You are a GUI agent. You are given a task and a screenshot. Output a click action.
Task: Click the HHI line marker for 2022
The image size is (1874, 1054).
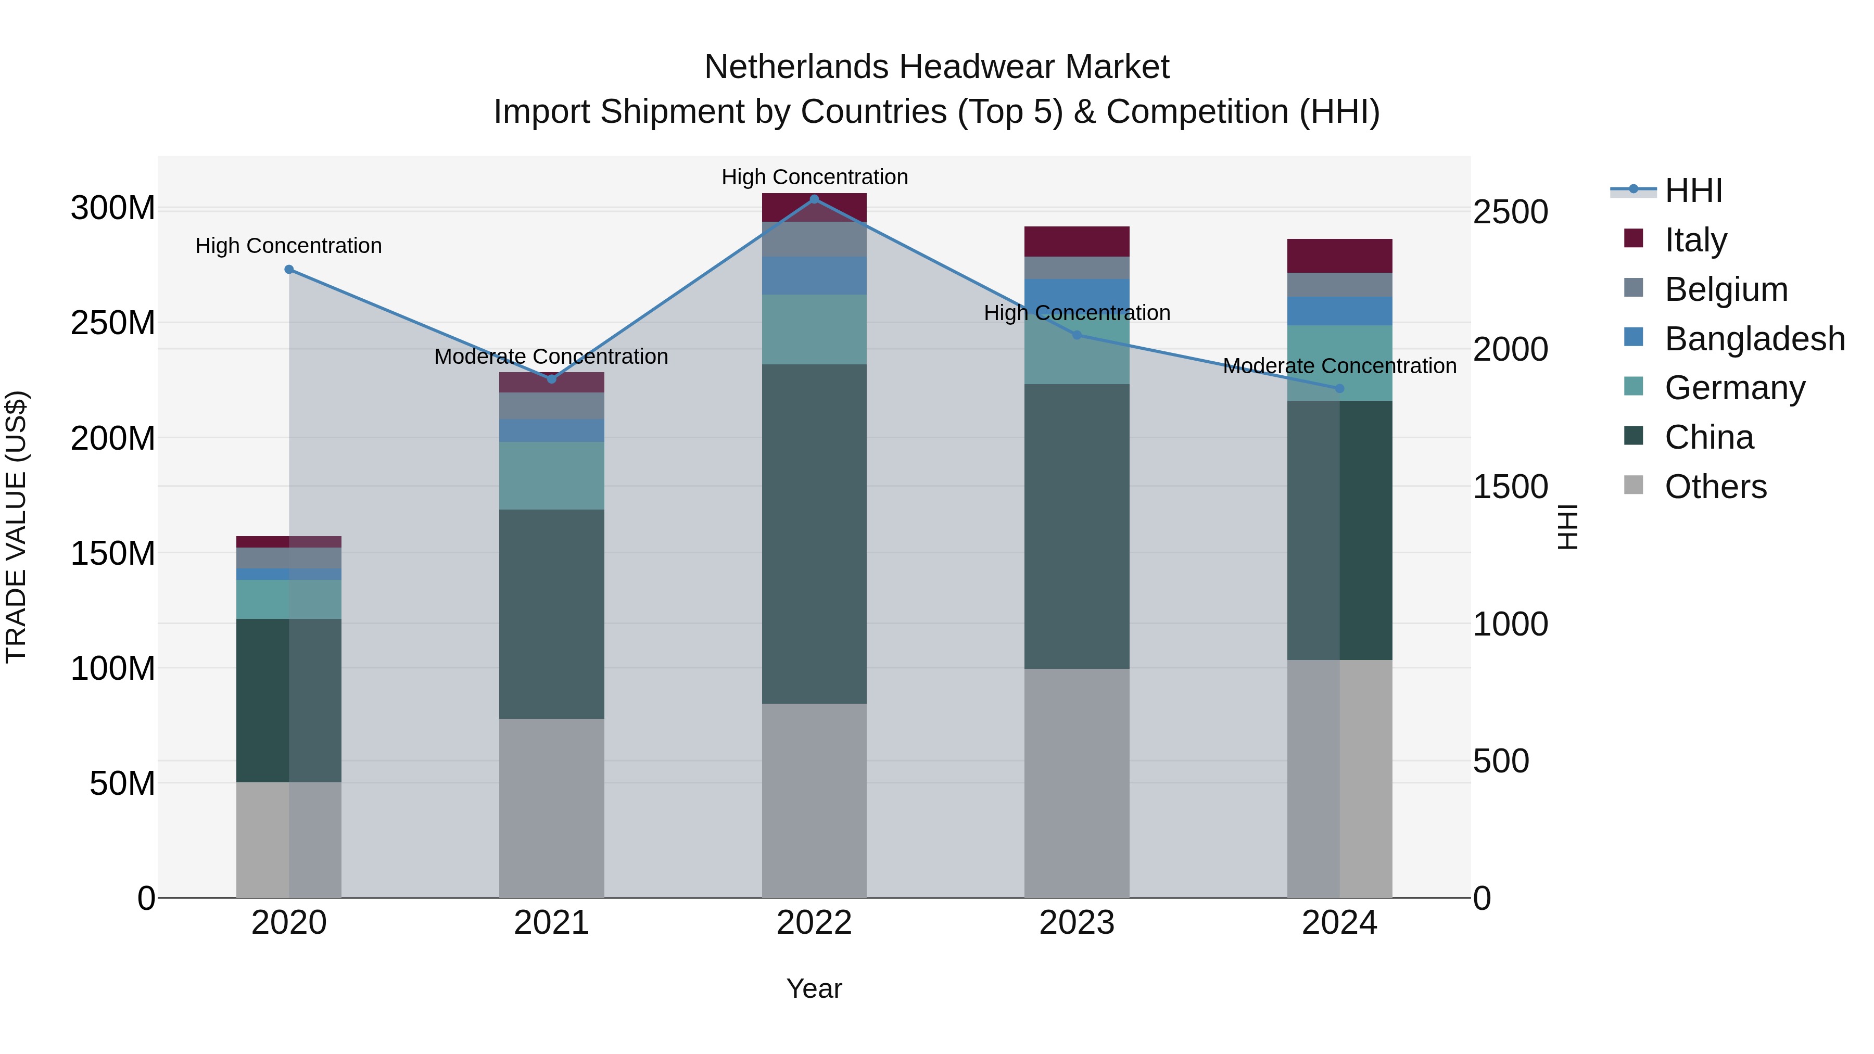(x=814, y=199)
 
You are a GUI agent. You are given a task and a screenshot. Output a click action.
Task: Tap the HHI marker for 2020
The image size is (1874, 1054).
(x=289, y=269)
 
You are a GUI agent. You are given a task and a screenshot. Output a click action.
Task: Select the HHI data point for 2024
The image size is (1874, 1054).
(x=1339, y=388)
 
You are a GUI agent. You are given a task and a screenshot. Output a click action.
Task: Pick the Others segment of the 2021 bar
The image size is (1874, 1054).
(x=551, y=807)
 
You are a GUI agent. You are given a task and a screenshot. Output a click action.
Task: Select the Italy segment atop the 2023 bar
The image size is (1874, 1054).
(x=1077, y=241)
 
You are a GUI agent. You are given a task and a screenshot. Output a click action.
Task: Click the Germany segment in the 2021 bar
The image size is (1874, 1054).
(x=551, y=475)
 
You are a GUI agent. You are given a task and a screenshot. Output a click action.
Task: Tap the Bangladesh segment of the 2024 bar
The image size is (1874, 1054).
(x=1339, y=311)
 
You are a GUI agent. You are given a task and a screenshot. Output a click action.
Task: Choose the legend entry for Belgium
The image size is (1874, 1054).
(x=1726, y=289)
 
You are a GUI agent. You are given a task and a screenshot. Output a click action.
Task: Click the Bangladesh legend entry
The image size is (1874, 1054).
(x=1754, y=338)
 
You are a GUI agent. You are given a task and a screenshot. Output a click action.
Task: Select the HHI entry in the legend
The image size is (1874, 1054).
(x=1693, y=191)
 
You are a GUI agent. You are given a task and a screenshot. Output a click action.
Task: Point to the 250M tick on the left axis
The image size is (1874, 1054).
(x=113, y=323)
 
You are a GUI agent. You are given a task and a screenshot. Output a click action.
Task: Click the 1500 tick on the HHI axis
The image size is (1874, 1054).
(x=1510, y=487)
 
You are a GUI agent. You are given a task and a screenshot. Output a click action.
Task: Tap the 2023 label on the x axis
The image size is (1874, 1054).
(x=1077, y=923)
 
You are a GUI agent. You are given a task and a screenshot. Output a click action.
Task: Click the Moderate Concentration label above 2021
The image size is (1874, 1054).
(x=551, y=357)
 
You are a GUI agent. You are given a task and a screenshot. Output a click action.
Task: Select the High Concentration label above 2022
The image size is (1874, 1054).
(x=814, y=177)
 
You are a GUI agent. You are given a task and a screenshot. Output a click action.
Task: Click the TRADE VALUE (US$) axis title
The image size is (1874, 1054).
(x=16, y=527)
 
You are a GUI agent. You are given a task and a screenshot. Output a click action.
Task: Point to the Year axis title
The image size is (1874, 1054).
(x=814, y=988)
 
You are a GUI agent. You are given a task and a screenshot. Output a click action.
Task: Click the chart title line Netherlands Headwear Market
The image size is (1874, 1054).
(x=936, y=67)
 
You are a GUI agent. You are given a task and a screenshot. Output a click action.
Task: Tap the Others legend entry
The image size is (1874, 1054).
(x=1715, y=487)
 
